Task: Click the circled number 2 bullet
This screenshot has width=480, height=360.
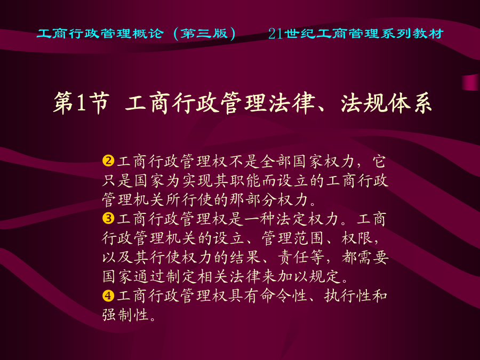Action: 108,161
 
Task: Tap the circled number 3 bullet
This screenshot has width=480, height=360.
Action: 108,219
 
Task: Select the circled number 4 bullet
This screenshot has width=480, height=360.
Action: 108,295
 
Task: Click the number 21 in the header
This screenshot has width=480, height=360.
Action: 276,34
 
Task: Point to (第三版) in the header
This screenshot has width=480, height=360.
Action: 204,34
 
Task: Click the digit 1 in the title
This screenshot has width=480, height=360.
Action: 81,103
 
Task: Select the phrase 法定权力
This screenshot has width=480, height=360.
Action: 308,219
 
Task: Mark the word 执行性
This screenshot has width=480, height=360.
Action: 348,296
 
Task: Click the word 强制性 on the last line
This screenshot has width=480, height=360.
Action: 125,315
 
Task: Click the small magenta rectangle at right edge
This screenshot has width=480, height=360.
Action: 471,82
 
